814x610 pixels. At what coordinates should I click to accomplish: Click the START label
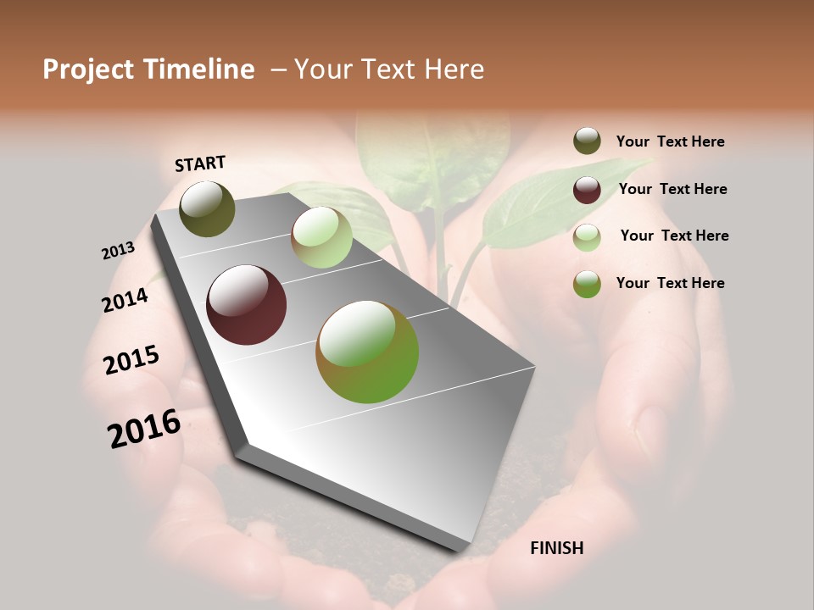(200, 164)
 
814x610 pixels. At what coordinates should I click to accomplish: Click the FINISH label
(556, 548)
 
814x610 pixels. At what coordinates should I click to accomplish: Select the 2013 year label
(119, 250)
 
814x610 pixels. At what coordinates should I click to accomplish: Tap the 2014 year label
(125, 300)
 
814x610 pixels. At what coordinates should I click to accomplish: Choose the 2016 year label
(144, 429)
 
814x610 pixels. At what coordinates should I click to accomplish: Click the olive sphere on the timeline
(207, 209)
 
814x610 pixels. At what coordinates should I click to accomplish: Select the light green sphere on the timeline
(321, 237)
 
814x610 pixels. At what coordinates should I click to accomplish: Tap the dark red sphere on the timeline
(247, 305)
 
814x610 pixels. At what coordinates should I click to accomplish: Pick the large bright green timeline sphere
(367, 352)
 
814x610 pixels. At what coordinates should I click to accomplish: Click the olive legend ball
(587, 141)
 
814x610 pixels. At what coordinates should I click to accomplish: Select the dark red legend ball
(587, 190)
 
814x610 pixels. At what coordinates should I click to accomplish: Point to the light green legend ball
(587, 237)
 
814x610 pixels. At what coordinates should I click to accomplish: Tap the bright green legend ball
(587, 284)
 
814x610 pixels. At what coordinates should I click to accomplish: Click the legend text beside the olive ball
(670, 142)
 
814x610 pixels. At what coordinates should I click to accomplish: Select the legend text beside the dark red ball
(672, 189)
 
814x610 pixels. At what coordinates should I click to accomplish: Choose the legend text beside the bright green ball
(670, 283)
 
